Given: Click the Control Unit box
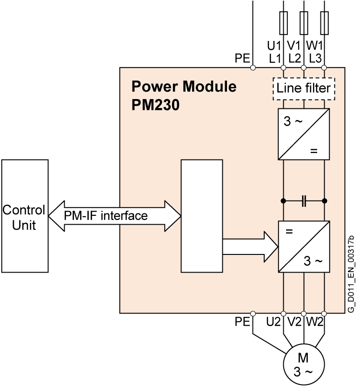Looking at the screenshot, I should click(x=24, y=217).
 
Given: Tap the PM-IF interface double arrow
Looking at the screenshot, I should click(x=114, y=215).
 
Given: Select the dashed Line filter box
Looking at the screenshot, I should click(x=303, y=88).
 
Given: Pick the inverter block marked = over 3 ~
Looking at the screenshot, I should click(x=303, y=247).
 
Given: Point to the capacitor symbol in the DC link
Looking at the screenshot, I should click(x=304, y=201).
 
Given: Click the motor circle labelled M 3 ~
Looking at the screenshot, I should click(x=303, y=365).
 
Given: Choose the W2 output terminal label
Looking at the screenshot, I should click(x=315, y=321).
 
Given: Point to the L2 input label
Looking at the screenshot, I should click(x=295, y=58).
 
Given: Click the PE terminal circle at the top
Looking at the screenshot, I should click(x=253, y=68).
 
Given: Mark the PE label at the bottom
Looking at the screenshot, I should click(x=242, y=321).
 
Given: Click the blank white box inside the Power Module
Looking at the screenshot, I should click(x=201, y=216).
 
